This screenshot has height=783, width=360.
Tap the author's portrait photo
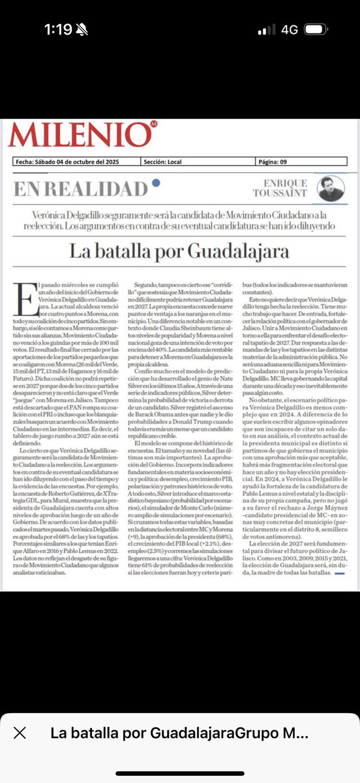(x=331, y=189)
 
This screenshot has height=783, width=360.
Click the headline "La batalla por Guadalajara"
(x=179, y=251)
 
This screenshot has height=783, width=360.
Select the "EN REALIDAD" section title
(x=80, y=189)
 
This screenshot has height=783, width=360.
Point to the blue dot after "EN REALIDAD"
(x=155, y=183)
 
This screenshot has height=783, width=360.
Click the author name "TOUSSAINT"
(x=280, y=193)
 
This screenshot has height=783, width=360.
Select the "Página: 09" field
(x=277, y=163)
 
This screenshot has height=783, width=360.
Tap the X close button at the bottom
(x=20, y=733)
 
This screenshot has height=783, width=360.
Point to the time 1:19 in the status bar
(x=57, y=29)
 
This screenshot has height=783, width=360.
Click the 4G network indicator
(x=290, y=30)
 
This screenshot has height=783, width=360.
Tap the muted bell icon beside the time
(x=82, y=29)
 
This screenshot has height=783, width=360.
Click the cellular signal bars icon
(x=266, y=30)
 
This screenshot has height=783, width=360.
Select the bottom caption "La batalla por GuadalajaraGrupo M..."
(x=179, y=733)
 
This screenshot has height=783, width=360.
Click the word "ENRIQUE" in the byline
(x=285, y=183)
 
